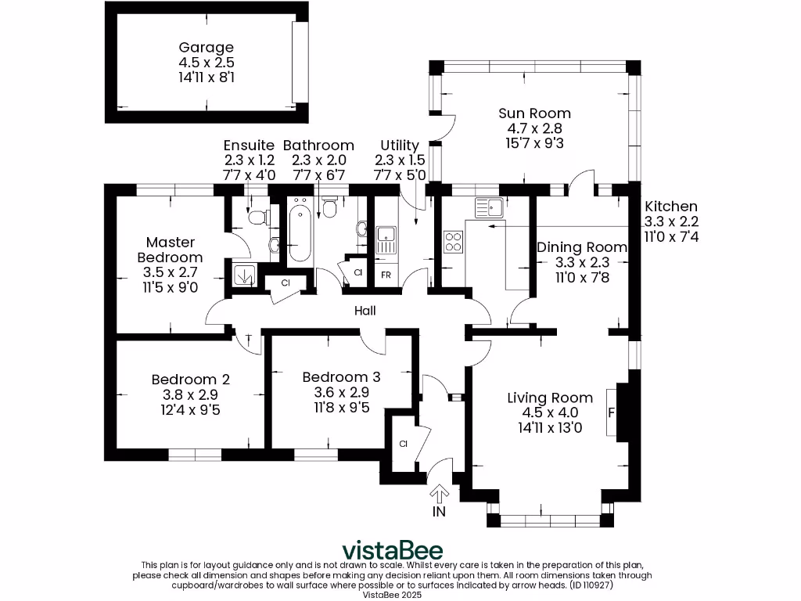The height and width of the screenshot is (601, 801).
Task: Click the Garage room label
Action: (207, 48)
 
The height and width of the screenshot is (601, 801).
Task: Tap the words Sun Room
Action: (534, 113)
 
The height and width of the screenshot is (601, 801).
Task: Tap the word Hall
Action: (365, 311)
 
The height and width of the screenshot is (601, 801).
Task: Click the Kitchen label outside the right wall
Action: (670, 207)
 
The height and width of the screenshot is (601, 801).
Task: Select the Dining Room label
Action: (581, 247)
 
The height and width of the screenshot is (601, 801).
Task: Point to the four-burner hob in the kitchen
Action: (453, 242)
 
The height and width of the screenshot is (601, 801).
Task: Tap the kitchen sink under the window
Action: (490, 207)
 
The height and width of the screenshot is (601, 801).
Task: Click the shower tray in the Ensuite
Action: (243, 275)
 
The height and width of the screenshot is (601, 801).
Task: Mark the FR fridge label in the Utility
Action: (386, 275)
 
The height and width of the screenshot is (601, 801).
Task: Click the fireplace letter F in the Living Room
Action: (610, 412)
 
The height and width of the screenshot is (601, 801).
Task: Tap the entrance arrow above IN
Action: (440, 493)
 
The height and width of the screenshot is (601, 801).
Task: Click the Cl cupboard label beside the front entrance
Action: (403, 444)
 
